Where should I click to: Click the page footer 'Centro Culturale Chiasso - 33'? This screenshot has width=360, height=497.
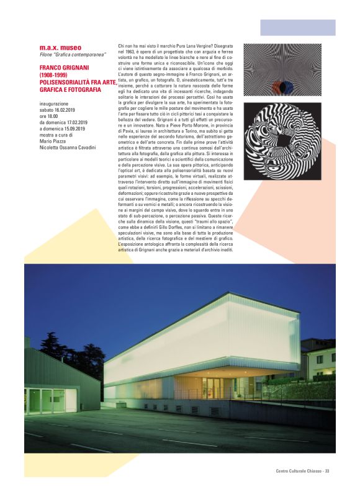[x=302, y=472]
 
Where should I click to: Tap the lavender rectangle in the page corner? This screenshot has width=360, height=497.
[x=297, y=27]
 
